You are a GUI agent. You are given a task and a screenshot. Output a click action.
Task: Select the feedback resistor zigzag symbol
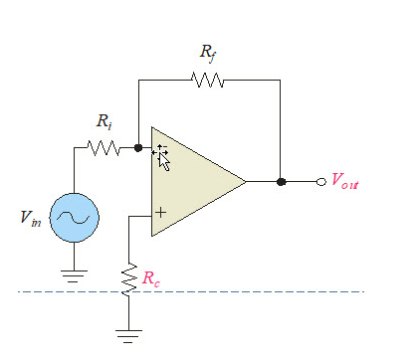tap(209, 80)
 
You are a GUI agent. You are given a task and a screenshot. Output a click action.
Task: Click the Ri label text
tap(104, 122)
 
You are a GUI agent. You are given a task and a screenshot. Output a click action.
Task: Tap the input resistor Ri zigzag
tap(104, 149)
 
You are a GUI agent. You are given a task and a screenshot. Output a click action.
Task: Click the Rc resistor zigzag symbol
tap(128, 278)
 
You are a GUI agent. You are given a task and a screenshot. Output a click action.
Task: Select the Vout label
tap(344, 182)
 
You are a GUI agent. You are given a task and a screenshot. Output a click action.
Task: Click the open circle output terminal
tap(320, 182)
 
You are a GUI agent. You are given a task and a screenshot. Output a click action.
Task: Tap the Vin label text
tap(29, 217)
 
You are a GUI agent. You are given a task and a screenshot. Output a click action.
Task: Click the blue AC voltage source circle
tap(75, 216)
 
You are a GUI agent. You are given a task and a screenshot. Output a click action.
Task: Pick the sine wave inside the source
tap(75, 216)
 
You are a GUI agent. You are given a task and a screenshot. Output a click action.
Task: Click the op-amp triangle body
tap(194, 182)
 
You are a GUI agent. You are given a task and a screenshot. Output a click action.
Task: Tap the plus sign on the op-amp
tap(160, 212)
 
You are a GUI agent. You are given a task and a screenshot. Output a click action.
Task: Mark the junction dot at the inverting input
tap(138, 149)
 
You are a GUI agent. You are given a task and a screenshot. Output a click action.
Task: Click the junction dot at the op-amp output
tap(282, 182)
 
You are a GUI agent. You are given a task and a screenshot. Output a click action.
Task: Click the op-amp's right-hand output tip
tap(245, 182)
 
